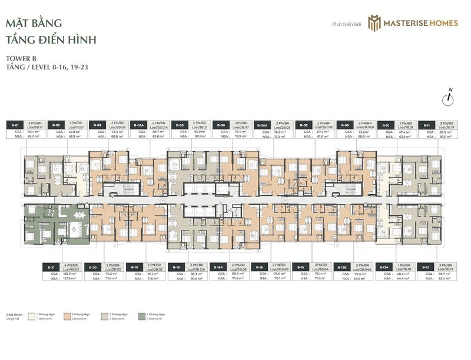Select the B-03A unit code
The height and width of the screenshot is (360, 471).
click(140, 125)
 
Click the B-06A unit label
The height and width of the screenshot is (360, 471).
click(262, 125)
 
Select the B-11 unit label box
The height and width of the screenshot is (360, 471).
click(426, 125)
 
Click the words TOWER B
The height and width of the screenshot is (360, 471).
click(19, 59)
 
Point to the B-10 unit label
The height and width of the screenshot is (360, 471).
click(386, 125)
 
